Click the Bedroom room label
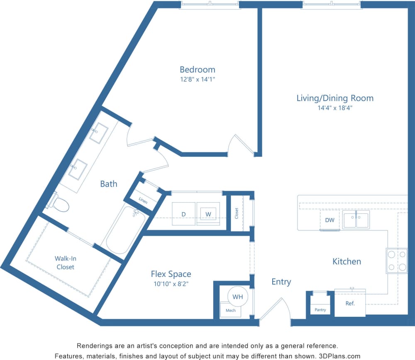(198, 69)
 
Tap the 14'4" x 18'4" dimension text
(335, 108)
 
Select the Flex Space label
(171, 274)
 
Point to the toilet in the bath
(60, 203)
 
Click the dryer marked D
(183, 214)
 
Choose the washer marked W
(208, 214)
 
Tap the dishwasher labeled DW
(330, 220)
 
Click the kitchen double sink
(356, 220)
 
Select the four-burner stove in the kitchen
(397, 261)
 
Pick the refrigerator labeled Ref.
(350, 304)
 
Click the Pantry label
(320, 310)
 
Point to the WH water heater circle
(237, 297)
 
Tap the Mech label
(230, 311)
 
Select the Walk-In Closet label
(65, 262)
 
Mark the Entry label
(281, 282)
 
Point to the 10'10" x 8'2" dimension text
(171, 284)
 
